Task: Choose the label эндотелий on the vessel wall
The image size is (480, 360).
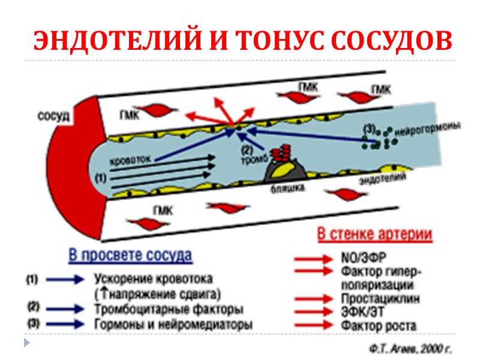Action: click(x=381, y=179)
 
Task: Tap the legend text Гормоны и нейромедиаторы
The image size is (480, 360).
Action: click(x=173, y=324)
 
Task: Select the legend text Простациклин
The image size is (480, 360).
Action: click(x=380, y=298)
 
